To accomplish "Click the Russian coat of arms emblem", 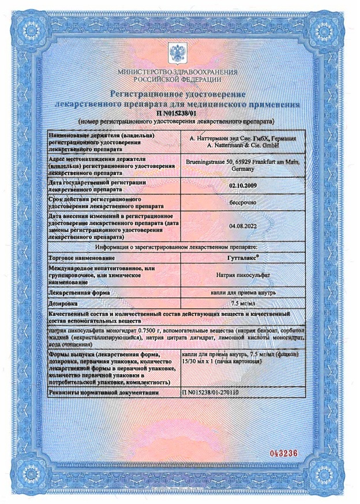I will pos(177,53).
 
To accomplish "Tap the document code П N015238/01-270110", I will pos(210,393).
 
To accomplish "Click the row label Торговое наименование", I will pos(81,257).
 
